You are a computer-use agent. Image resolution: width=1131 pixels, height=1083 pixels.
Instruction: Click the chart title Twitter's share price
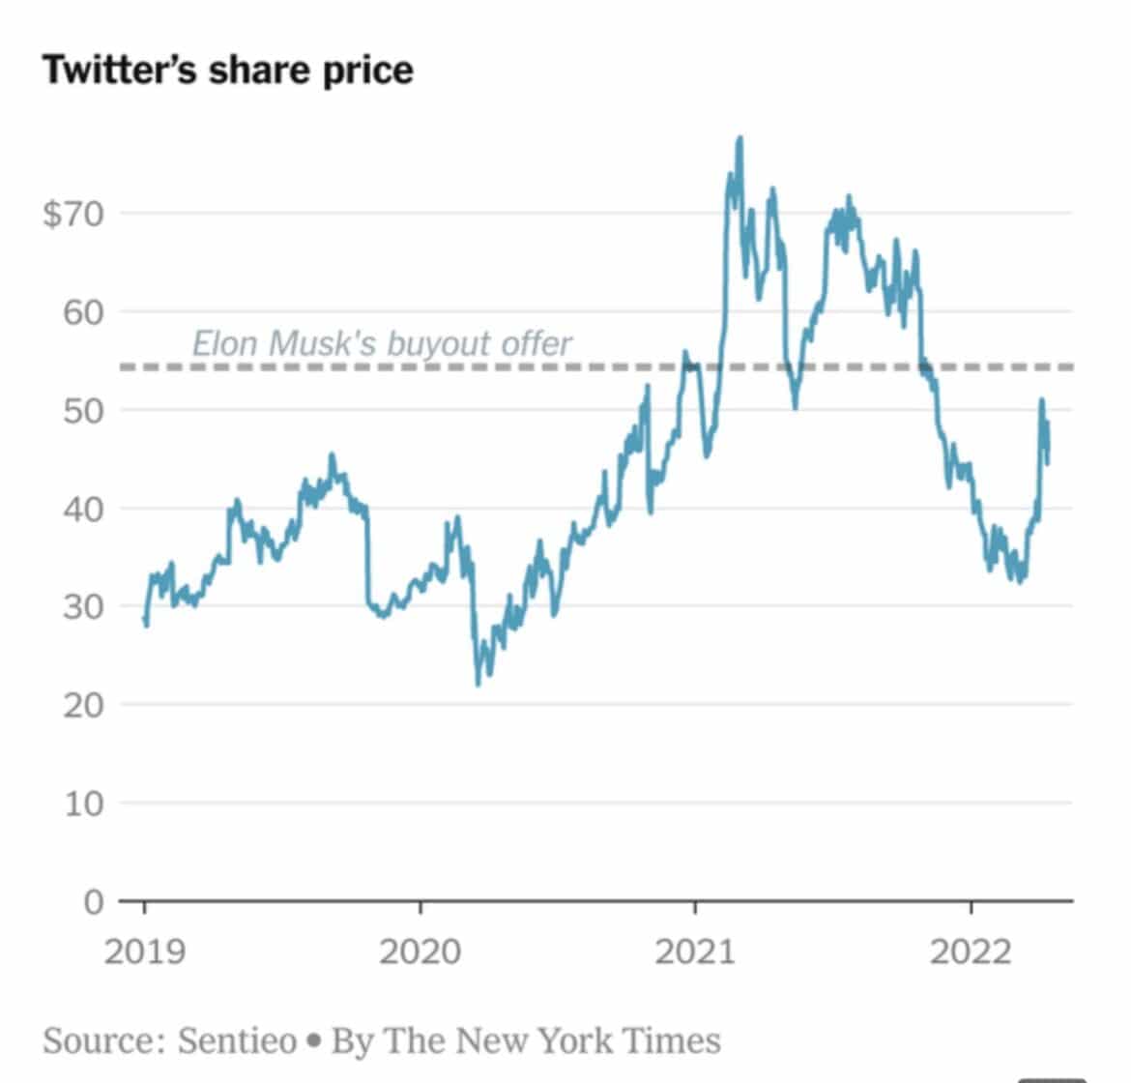pyautogui.click(x=227, y=71)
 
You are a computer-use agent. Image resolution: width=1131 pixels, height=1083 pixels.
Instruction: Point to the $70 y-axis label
pyautogui.click(x=73, y=213)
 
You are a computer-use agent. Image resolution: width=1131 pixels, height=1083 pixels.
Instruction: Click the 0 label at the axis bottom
pyautogui.click(x=93, y=901)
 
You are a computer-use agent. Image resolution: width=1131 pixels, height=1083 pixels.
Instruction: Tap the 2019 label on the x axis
pyautogui.click(x=144, y=952)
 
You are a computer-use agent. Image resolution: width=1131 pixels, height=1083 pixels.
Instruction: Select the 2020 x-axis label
pyautogui.click(x=420, y=952)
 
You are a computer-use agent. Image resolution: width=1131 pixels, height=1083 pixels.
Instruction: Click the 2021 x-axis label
pyautogui.click(x=695, y=952)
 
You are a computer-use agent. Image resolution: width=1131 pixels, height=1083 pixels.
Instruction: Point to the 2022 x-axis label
pyautogui.click(x=970, y=952)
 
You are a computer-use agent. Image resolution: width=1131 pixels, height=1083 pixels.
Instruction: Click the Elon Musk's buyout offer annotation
pyautogui.click(x=382, y=343)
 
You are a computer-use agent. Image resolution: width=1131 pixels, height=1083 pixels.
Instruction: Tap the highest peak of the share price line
pyautogui.click(x=740, y=138)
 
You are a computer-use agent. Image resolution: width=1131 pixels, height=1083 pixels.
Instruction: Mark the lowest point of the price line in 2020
pyautogui.click(x=478, y=685)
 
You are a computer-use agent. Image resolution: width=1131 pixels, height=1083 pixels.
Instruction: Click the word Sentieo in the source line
pyautogui.click(x=237, y=1040)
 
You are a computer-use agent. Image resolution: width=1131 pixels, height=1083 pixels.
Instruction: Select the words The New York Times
pyautogui.click(x=553, y=1040)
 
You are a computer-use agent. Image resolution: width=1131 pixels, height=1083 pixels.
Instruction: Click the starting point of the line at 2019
pyautogui.click(x=145, y=619)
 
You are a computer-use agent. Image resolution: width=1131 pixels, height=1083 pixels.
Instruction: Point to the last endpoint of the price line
pyautogui.click(x=1049, y=462)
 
